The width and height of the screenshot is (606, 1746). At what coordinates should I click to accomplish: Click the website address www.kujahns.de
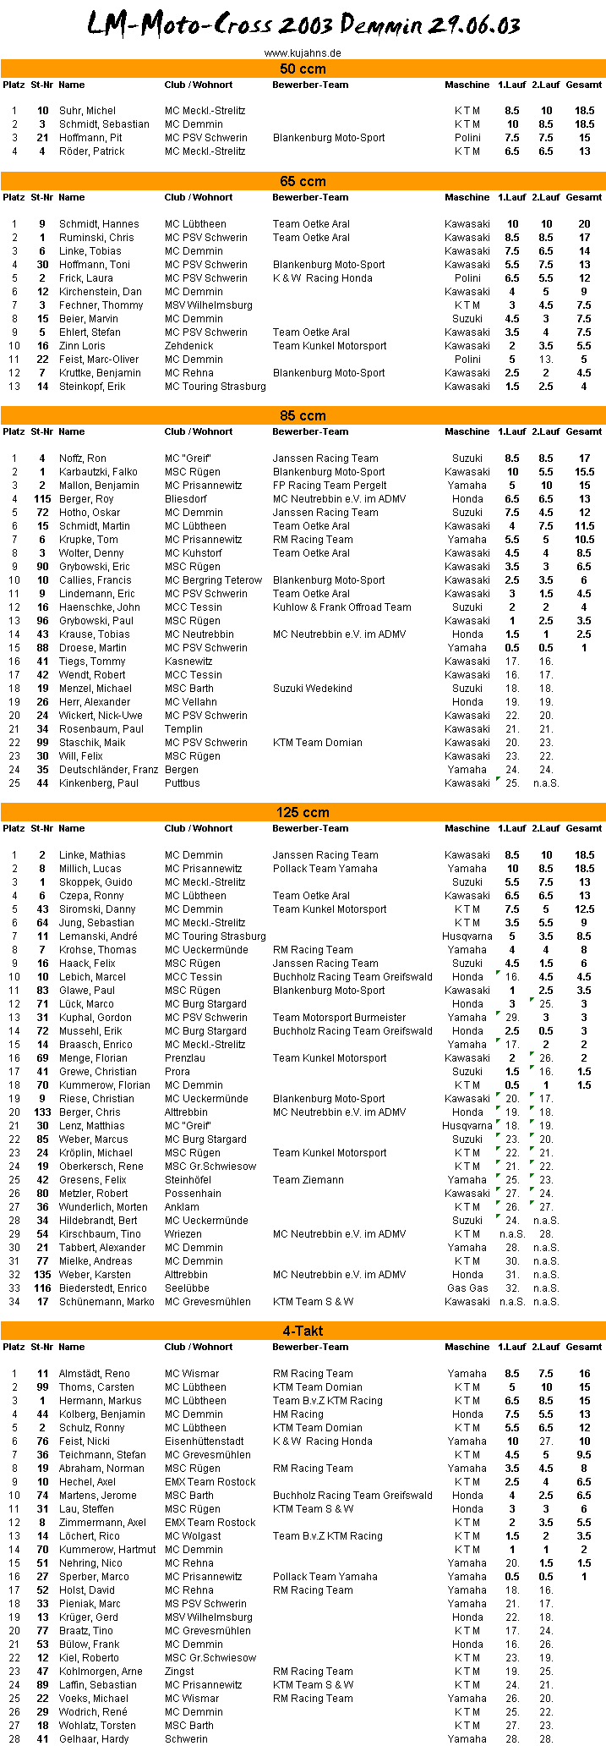[x=303, y=52]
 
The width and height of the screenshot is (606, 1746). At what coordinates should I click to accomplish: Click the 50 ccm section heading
[x=303, y=69]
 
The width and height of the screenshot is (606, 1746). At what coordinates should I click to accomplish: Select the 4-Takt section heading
[x=303, y=1331]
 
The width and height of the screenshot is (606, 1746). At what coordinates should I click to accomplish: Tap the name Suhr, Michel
[x=87, y=111]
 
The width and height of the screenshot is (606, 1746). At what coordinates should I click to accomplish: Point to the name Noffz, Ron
[x=83, y=458]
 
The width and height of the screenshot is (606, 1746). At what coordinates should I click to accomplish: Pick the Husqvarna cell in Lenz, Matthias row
[x=467, y=1126]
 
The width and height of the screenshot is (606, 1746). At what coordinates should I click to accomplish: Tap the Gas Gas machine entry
[x=467, y=1288]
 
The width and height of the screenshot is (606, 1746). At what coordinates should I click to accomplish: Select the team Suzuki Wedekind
[x=312, y=689]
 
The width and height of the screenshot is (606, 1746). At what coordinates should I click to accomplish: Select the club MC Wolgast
[x=193, y=1536]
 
